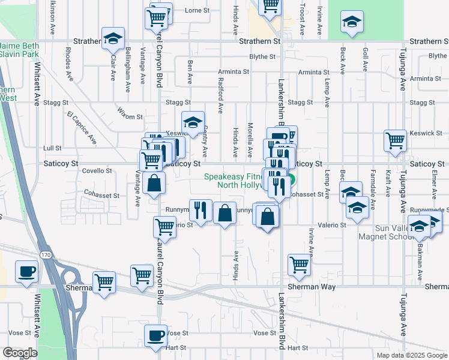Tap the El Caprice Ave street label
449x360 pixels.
click(x=82, y=127)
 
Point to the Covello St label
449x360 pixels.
click(x=97, y=171)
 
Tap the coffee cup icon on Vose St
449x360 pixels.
click(x=156, y=335)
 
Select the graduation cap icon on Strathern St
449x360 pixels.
click(x=112, y=38)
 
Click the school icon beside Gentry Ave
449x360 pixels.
click(x=193, y=122)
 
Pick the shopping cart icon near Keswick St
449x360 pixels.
click(x=395, y=140)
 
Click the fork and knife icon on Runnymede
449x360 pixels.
click(x=200, y=209)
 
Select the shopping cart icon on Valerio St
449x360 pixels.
click(x=164, y=227)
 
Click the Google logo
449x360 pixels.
click(x=19, y=353)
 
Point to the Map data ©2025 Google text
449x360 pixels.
click(x=411, y=355)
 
